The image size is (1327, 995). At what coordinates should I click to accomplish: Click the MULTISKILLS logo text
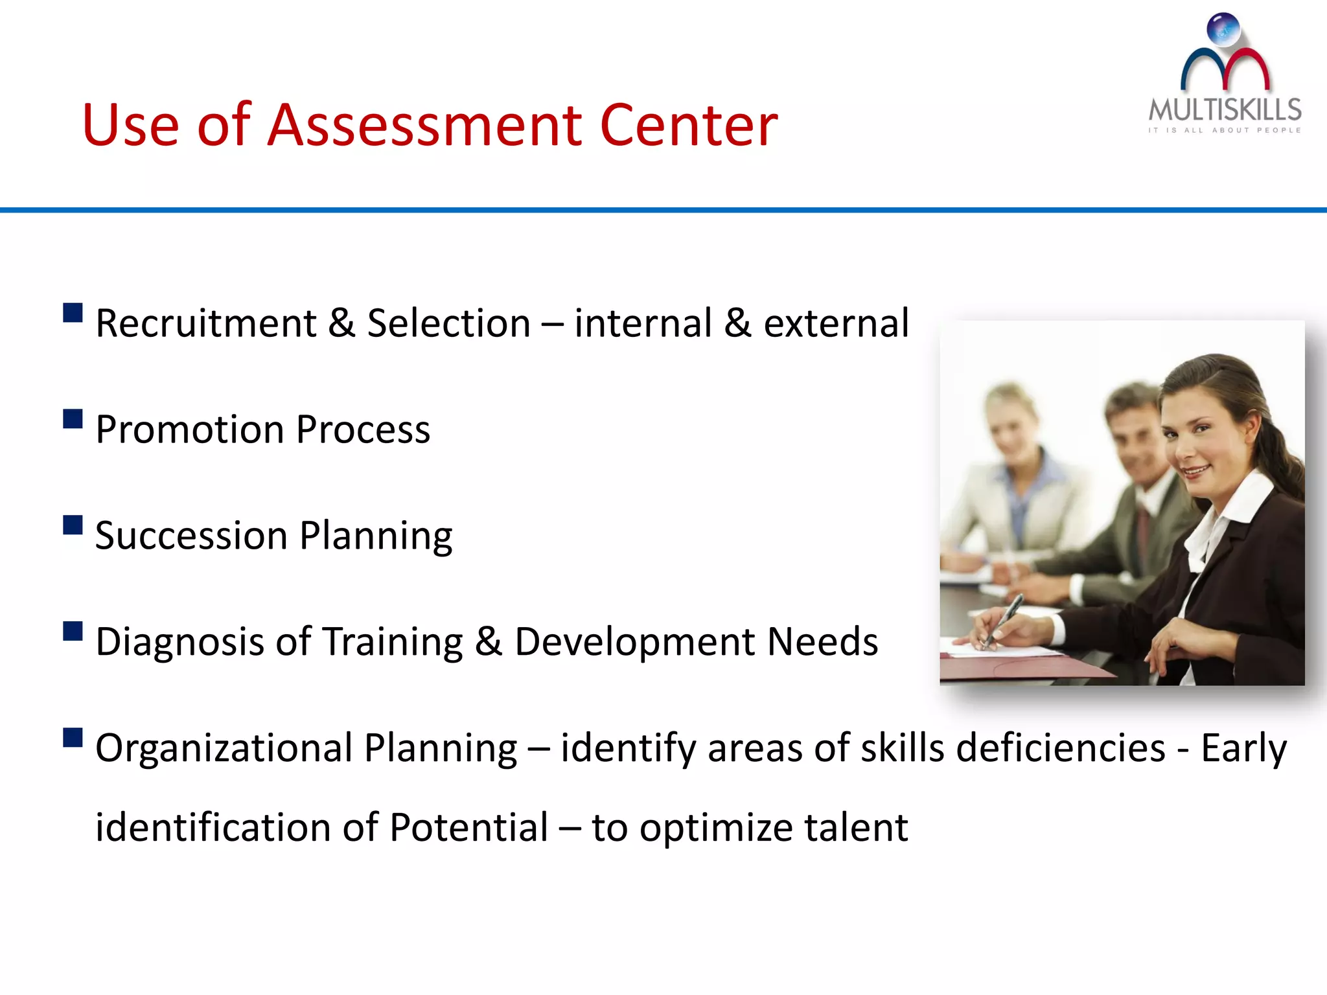click(x=1225, y=110)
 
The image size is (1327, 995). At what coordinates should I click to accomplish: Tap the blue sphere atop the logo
click(x=1223, y=30)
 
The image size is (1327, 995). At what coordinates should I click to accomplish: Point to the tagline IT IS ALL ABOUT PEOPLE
click(x=1225, y=130)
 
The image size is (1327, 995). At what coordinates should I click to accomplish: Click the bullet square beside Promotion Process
click(x=73, y=419)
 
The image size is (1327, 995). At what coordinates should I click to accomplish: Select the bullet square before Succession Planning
click(x=73, y=525)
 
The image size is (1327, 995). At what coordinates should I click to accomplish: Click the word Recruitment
click(x=206, y=323)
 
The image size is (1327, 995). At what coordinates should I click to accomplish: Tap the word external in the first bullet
click(x=836, y=323)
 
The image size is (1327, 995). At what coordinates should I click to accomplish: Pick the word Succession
click(x=191, y=536)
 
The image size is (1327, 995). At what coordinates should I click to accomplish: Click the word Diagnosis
click(x=179, y=642)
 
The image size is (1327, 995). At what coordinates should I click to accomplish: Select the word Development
click(x=635, y=642)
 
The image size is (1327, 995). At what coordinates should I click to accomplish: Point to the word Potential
click(x=469, y=828)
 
